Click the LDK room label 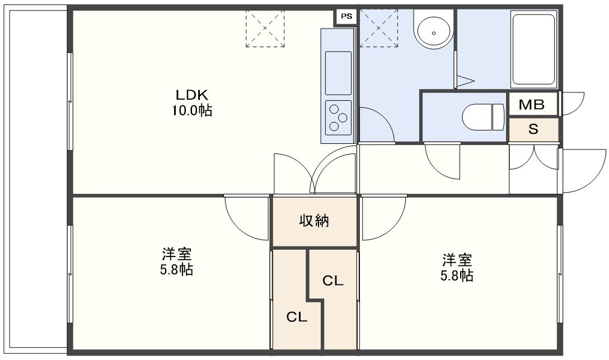[192, 95]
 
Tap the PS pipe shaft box [346, 16]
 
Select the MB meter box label [532, 105]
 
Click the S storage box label [533, 129]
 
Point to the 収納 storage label [314, 221]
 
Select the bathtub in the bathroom [534, 49]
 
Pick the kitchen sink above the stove [338, 73]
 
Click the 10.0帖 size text [192, 111]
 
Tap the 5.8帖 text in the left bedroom [177, 269]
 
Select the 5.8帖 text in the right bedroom [457, 275]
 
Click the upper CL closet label [333, 280]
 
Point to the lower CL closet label [297, 317]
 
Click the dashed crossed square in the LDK [265, 29]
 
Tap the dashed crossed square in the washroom [379, 29]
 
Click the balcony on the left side [38, 179]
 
